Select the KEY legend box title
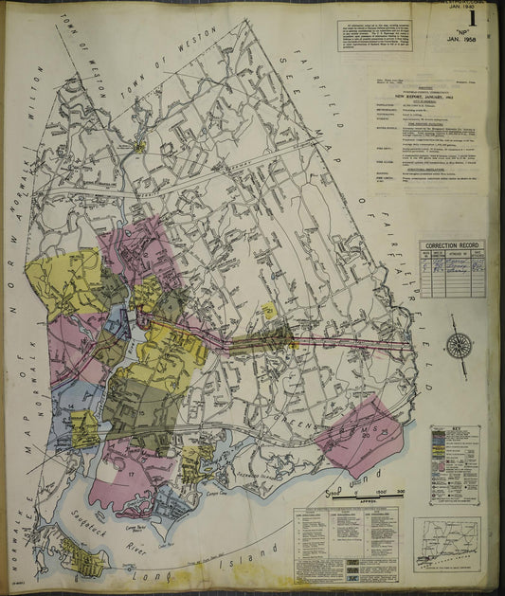454,429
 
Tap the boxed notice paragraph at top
377,35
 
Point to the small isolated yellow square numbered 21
269,310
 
